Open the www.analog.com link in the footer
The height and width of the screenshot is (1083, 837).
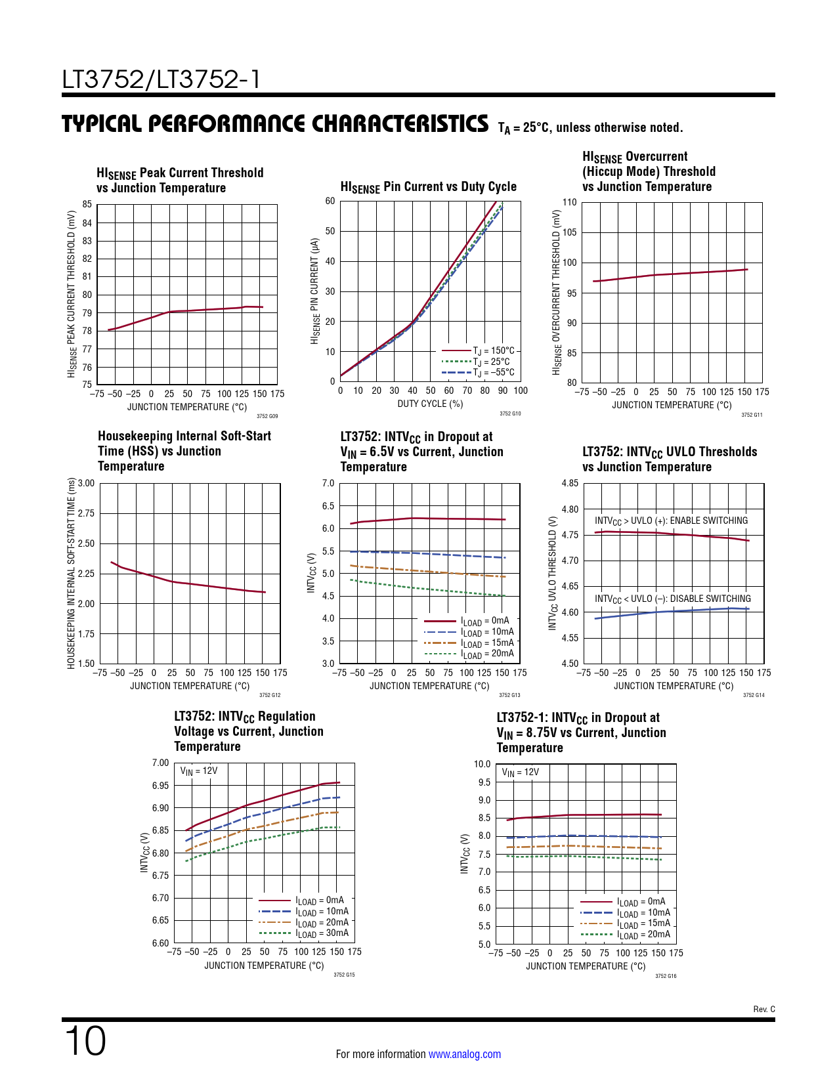coord(464,1054)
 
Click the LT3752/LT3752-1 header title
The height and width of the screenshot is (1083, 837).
coord(161,79)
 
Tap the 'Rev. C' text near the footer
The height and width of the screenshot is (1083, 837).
coord(764,1009)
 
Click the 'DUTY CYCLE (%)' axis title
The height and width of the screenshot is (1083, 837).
coord(430,404)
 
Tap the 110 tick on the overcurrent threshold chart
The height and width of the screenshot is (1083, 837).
coord(569,202)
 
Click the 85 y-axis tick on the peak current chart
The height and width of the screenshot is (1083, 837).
coord(87,204)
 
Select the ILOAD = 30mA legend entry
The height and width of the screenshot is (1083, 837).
coord(322,933)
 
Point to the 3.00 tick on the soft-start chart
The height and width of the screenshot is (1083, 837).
coord(86,484)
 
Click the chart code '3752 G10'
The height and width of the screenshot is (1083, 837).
coord(510,414)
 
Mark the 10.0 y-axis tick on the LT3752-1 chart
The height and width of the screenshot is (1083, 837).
coord(482,764)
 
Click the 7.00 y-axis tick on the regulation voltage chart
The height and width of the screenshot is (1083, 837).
coord(160,763)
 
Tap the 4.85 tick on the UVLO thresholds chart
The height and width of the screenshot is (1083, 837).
coord(570,484)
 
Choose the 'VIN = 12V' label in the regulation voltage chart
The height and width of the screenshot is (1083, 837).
coord(198,771)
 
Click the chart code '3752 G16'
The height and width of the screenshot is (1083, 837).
coord(666,976)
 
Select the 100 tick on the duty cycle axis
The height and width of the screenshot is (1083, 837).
coord(521,391)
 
